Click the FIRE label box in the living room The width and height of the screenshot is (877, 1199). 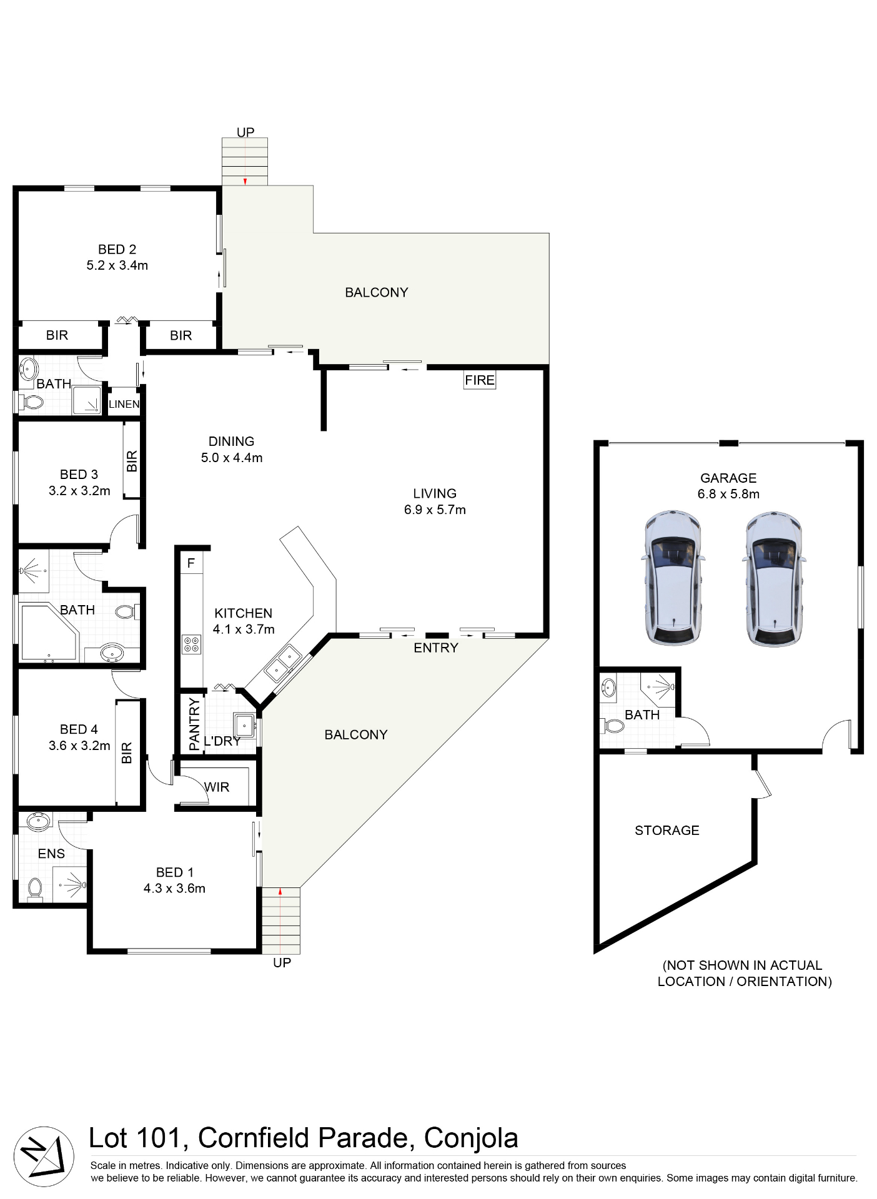coord(479,380)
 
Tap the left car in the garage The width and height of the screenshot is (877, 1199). coord(672,578)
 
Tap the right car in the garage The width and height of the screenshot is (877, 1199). coord(773,578)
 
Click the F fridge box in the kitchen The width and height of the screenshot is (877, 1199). coord(191,563)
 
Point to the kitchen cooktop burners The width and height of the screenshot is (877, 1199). coord(191,644)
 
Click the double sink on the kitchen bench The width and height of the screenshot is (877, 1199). coord(282,664)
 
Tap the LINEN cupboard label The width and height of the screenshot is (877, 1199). coord(124,404)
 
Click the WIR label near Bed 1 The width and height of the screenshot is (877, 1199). coord(217,787)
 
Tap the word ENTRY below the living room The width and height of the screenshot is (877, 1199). coord(435,648)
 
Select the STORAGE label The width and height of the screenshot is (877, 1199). coord(666,830)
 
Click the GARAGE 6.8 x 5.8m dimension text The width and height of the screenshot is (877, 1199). coord(728,493)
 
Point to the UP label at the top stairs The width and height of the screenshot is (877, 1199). coord(245,132)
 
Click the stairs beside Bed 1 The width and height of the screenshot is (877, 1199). coord(280,920)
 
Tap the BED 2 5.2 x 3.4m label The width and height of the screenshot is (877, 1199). coord(117,257)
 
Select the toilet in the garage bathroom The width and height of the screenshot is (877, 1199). coord(614,726)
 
